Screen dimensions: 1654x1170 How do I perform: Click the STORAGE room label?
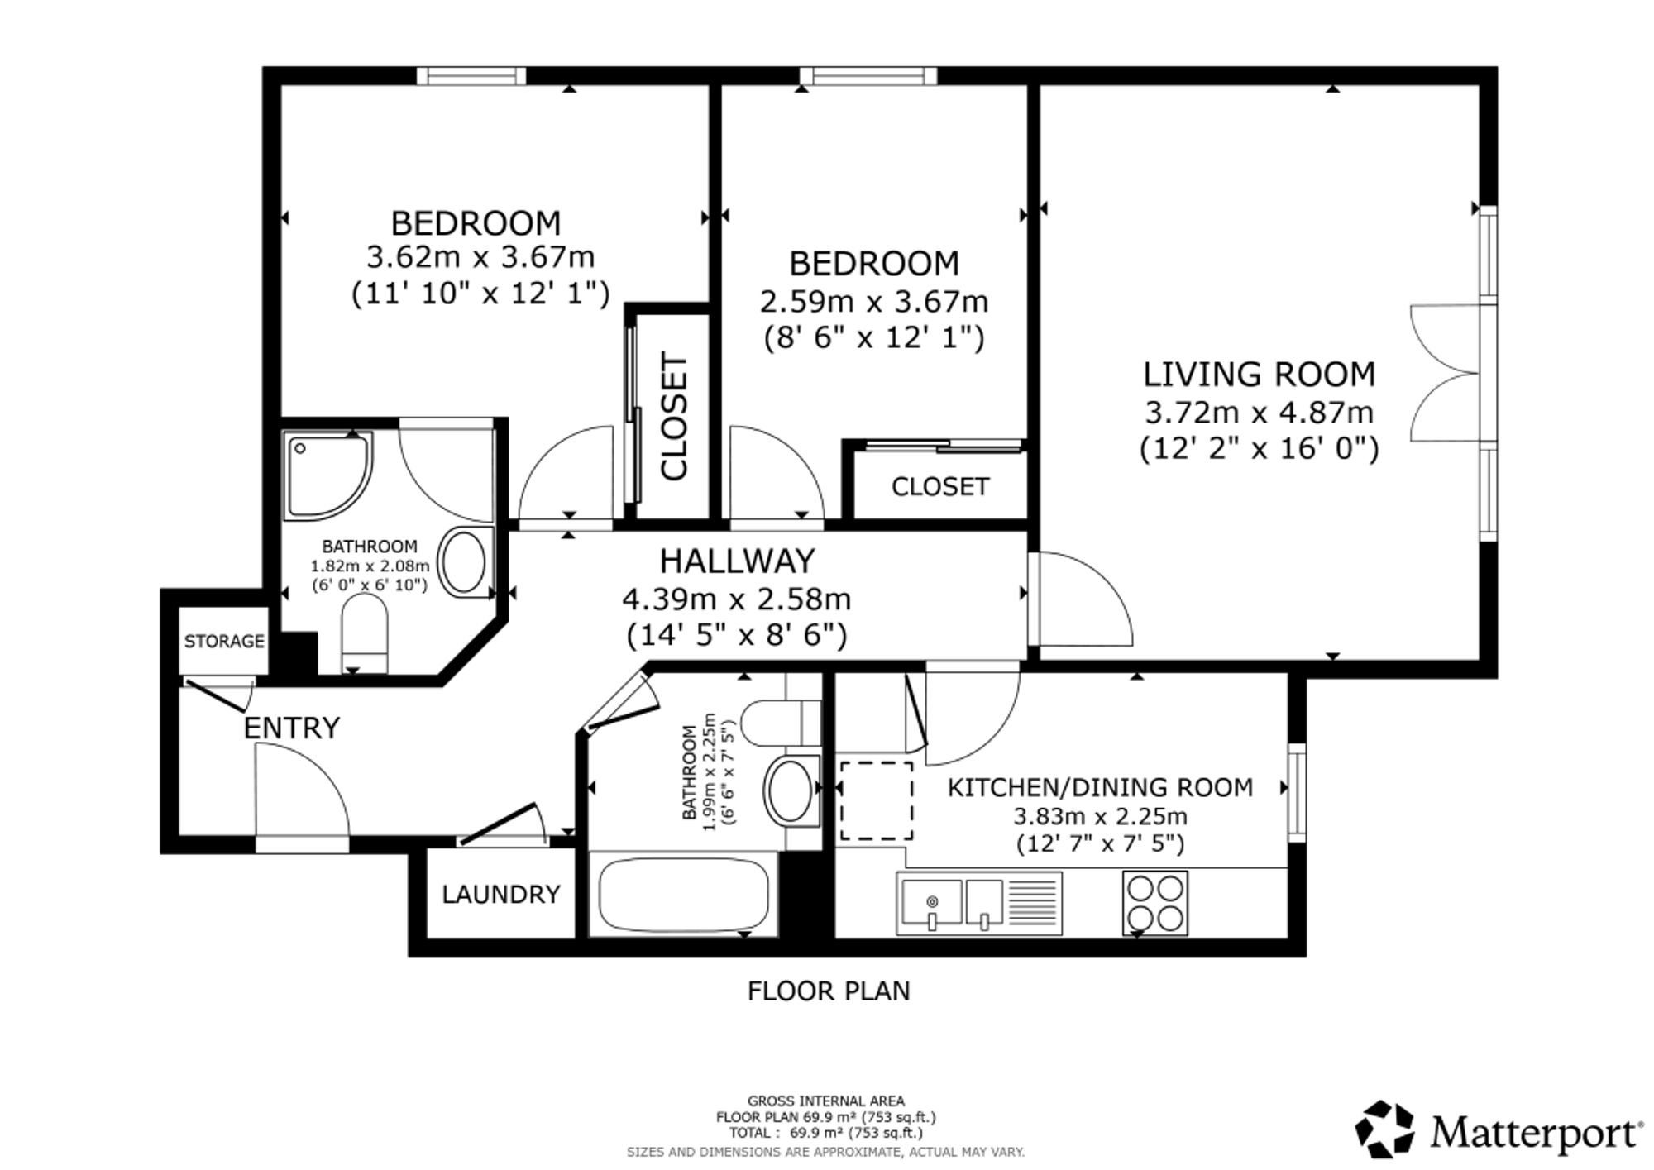click(224, 641)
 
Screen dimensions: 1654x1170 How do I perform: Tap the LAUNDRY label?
click(501, 894)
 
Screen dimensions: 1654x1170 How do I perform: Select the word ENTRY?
click(292, 728)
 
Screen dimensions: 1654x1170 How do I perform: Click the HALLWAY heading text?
click(738, 561)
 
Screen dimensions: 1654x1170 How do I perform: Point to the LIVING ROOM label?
click(1260, 375)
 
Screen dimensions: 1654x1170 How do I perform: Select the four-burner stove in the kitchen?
click(1155, 903)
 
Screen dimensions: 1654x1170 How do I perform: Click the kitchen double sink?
click(979, 903)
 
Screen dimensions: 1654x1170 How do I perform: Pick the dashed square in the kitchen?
click(877, 800)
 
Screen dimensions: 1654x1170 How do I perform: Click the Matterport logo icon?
click(1384, 1129)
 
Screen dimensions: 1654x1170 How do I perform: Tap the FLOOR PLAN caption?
click(829, 991)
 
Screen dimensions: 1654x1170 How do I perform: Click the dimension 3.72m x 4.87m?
click(1260, 412)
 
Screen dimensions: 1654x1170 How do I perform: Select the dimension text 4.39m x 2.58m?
click(737, 599)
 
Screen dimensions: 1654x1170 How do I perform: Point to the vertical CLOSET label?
click(674, 417)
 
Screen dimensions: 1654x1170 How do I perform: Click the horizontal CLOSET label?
click(940, 486)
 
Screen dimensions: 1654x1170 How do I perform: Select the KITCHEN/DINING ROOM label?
click(1100, 787)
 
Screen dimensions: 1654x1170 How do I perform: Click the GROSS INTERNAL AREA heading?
click(826, 1101)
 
